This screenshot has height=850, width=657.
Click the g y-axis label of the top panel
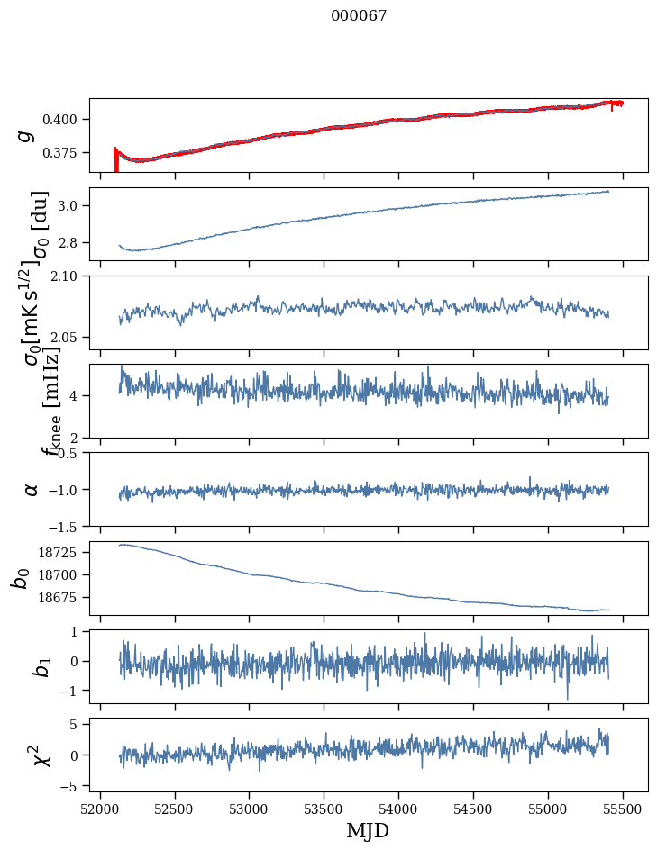point(28,135)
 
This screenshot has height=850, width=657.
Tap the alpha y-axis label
point(32,489)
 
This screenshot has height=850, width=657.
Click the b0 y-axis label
point(20,578)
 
